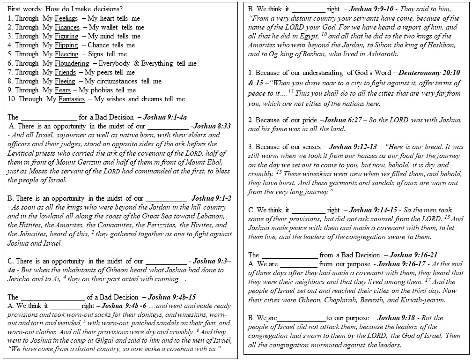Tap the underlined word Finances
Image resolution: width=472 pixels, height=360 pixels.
pyautogui.click(x=67, y=27)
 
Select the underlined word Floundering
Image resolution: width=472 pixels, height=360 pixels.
pyautogui.click(x=72, y=63)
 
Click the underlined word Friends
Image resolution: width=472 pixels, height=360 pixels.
pyautogui.click(x=65, y=72)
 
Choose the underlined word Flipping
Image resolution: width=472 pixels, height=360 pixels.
pyautogui.click(x=66, y=45)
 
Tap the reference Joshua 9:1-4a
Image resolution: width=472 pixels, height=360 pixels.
pyautogui.click(x=166, y=117)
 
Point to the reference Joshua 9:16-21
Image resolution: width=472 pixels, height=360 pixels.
pyautogui.click(x=414, y=255)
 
